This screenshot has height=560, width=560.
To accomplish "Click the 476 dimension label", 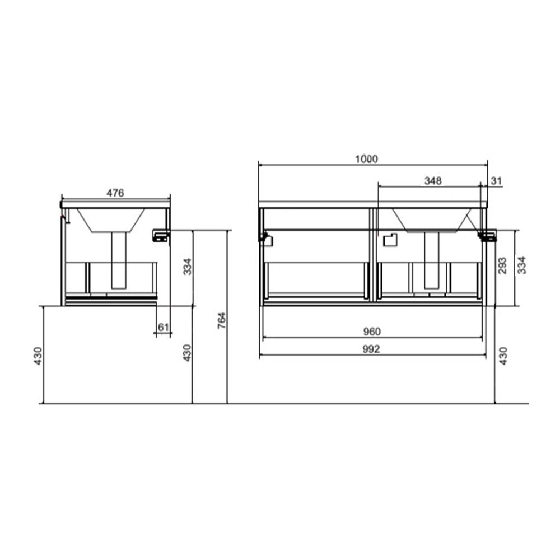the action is click(115, 193).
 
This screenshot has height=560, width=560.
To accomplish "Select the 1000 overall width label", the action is click(366, 159).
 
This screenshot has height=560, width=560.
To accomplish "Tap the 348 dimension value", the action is click(433, 181).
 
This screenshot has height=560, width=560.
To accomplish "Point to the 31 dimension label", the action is click(496, 181).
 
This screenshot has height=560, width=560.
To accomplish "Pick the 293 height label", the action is click(502, 265).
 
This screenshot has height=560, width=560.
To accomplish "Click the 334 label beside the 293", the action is click(522, 265).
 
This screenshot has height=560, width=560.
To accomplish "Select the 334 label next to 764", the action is click(187, 267).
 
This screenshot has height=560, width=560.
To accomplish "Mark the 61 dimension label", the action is click(163, 327).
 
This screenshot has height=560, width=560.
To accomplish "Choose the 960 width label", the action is click(372, 332).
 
